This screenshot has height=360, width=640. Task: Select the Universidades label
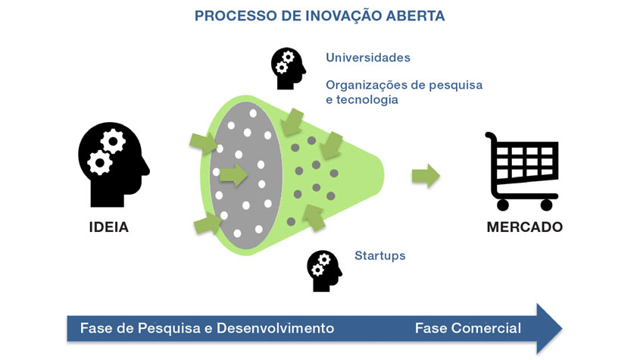coord(368,58)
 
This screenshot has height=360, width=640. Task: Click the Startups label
coord(379,255)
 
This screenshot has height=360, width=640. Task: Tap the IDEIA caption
coord(109,227)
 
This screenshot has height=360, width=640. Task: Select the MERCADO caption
coord(524,227)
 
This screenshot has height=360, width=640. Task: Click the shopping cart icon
coord(523,171)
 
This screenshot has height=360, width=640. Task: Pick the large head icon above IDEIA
coord(112,164)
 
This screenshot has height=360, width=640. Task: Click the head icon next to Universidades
coord(288,68)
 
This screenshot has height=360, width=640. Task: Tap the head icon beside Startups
coord(323,271)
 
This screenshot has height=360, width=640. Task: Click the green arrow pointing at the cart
coord(426,176)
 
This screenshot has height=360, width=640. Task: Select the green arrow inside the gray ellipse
coord(233,175)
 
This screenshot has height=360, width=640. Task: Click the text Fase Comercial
coord(467,328)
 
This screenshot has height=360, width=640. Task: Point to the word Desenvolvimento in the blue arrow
coord(275,328)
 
